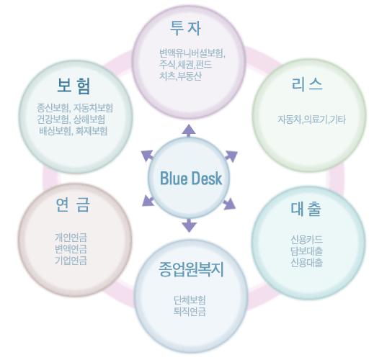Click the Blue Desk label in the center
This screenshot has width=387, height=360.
coord(191,178)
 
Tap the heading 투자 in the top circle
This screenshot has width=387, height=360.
coord(185,28)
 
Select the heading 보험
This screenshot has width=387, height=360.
coord(74,86)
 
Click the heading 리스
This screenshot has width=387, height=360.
coord(307,84)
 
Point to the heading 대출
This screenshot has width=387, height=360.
coord(306,209)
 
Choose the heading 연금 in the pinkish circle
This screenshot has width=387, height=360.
coord(73,204)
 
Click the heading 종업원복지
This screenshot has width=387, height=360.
coord(191,269)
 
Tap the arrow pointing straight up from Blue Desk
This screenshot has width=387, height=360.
coord(189,130)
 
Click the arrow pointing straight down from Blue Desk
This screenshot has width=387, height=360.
coord(190,225)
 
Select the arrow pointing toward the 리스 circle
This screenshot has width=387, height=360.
coord(231,156)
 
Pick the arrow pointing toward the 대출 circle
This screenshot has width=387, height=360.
coord(229,204)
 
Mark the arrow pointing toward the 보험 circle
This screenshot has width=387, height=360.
coord(147,156)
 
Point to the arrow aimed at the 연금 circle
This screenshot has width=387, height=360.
coord(148,201)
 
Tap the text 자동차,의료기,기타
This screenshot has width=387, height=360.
coord(311,120)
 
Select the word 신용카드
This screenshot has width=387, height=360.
coord(306,239)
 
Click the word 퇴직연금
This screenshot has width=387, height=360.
coord(190,312)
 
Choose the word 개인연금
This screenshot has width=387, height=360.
coord(71,238)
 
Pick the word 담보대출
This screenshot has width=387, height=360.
coord(306,251)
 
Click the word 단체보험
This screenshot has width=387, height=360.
coord(190,300)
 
